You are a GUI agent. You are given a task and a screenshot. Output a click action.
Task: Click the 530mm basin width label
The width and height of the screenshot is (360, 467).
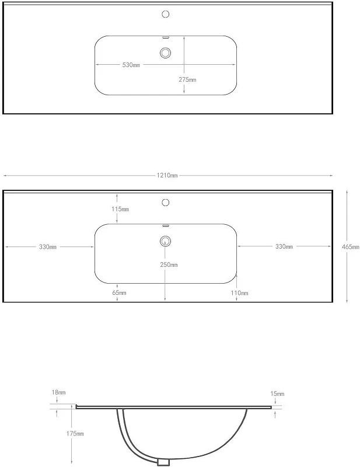[131, 65]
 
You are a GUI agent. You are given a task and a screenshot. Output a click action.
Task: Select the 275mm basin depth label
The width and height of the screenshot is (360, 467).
[187, 79]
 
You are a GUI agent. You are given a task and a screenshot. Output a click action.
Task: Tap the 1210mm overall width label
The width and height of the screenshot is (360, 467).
[167, 176]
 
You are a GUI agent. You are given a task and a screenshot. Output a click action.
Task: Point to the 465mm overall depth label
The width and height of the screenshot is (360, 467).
[351, 246]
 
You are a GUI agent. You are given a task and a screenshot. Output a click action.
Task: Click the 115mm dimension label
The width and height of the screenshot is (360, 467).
[120, 209]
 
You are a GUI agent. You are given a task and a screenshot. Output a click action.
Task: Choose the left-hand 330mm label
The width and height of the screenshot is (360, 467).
[48, 247]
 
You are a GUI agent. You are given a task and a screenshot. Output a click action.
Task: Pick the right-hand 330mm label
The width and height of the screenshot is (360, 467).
[284, 246]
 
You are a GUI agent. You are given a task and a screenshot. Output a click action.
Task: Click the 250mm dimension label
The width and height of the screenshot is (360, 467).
[169, 264]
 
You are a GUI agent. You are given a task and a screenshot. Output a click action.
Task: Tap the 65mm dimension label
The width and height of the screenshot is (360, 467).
[119, 293]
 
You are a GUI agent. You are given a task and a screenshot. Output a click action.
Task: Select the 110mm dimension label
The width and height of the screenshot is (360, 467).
[239, 293]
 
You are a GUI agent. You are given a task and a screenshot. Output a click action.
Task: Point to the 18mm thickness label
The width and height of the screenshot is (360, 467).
[58, 392]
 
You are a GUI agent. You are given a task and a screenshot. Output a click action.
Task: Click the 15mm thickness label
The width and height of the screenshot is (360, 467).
[277, 393]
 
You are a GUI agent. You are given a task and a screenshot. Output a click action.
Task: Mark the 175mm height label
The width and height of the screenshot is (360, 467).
[75, 434]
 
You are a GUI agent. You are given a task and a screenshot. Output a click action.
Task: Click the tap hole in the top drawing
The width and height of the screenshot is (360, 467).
[166, 14]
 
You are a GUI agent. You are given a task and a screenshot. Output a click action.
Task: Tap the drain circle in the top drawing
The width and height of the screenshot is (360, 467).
[165, 53]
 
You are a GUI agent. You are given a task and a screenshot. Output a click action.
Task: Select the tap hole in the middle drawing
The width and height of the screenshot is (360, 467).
[166, 203]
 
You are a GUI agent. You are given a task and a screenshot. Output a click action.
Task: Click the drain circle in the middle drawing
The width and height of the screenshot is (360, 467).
[165, 241]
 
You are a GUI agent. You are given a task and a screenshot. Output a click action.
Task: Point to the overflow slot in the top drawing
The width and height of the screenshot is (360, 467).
[165, 37]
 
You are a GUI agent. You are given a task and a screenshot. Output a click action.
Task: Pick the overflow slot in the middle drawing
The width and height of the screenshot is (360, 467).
[165, 226]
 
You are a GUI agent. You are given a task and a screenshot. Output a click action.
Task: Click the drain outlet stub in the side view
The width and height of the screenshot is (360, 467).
[163, 462]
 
